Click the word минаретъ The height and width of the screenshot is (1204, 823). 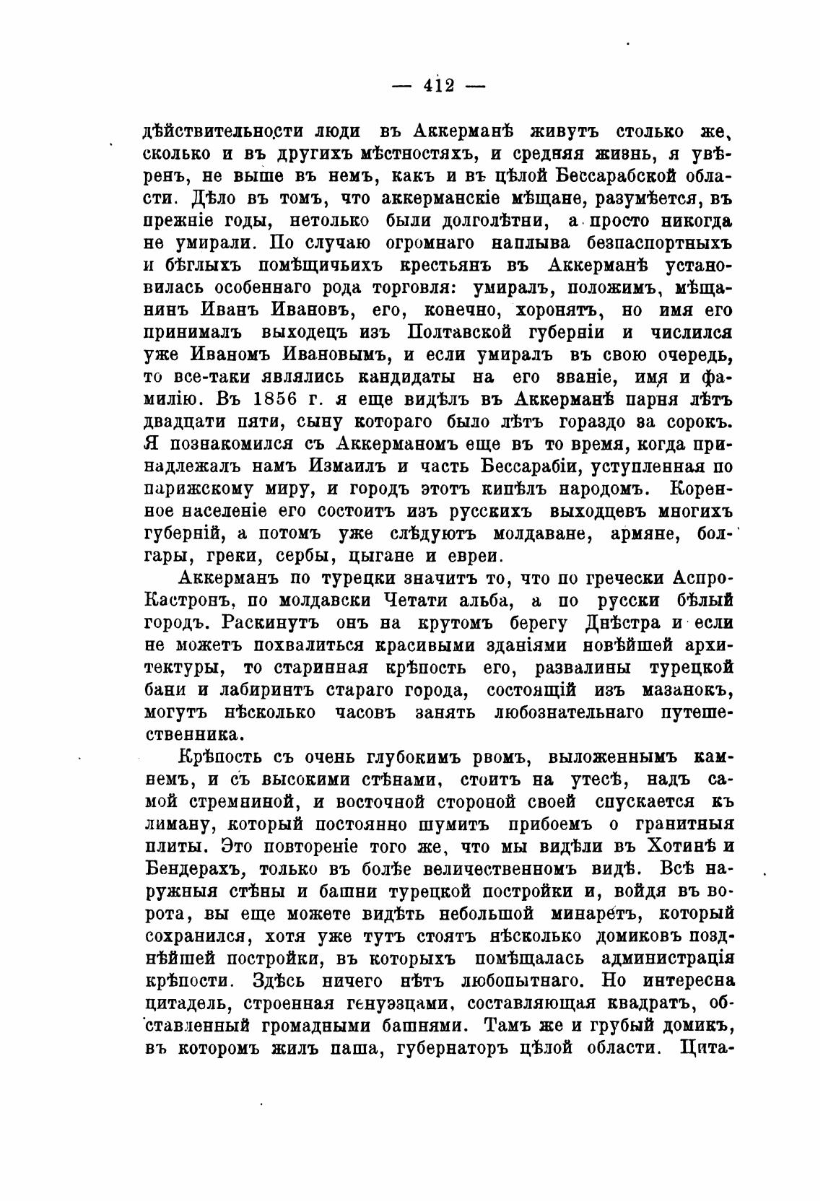(594, 913)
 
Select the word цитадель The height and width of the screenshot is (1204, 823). (187, 1003)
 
